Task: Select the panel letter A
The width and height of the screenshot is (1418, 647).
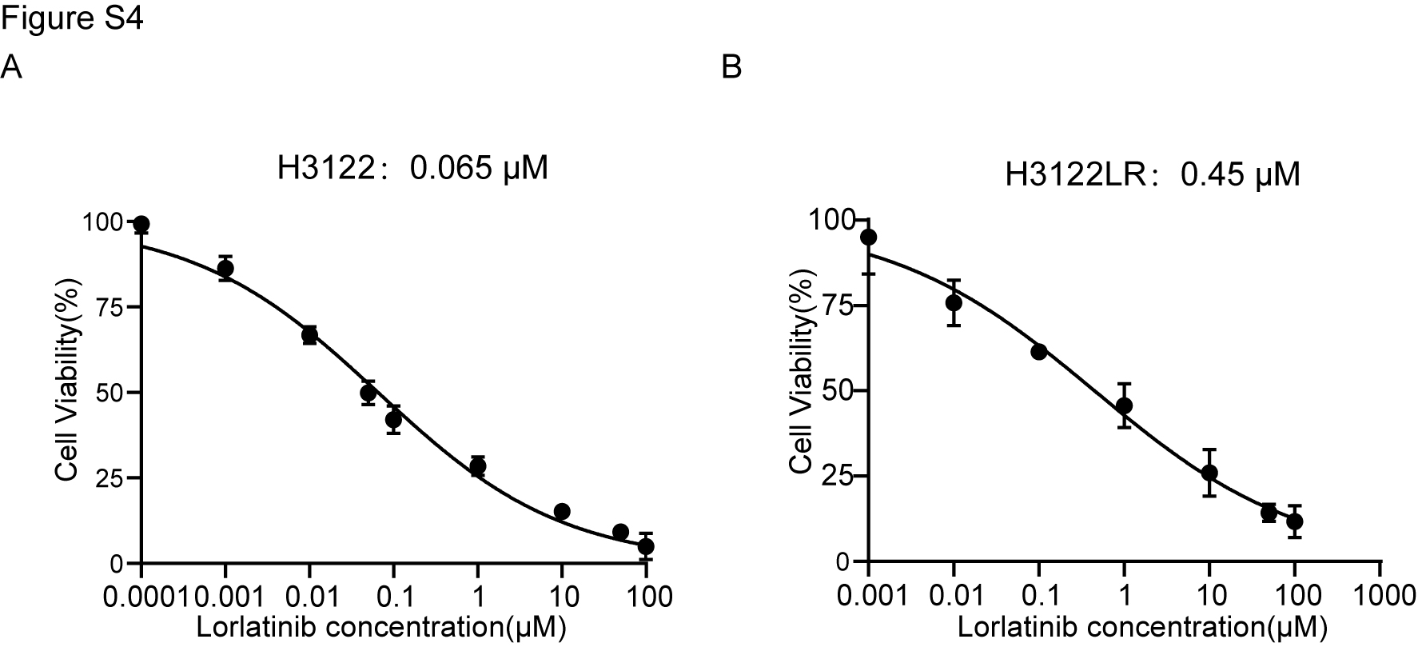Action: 11,67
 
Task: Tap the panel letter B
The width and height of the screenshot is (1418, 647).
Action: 731,68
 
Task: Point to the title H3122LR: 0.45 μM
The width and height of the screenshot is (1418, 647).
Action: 1152,174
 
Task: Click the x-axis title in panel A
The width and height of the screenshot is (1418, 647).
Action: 381,628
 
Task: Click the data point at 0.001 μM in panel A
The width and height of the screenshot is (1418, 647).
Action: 225,269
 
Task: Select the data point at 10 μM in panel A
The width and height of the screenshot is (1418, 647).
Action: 562,512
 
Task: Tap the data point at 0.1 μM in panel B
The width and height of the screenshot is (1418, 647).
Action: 1038,352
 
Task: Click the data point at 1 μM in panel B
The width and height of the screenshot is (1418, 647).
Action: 1124,405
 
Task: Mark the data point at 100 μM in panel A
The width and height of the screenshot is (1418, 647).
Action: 646,547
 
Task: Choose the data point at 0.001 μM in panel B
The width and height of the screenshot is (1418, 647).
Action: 869,237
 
